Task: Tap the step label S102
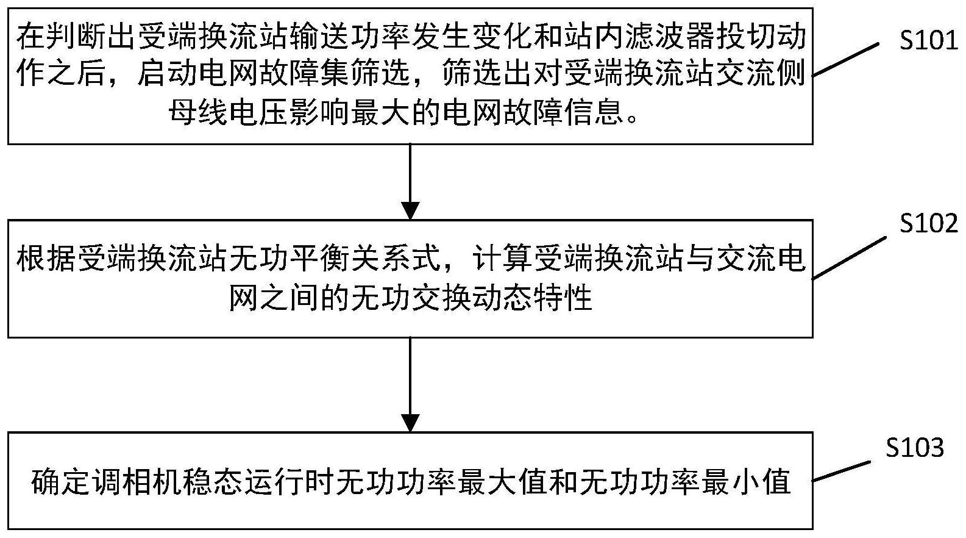point(928,223)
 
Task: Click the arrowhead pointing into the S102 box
point(410,210)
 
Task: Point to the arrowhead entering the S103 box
point(410,423)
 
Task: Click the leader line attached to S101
point(846,60)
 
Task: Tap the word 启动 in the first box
point(167,74)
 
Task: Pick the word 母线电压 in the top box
point(229,112)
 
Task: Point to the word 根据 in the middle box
point(46,259)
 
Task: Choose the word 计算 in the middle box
point(502,259)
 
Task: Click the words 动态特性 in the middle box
point(533,297)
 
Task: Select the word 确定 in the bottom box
point(62,481)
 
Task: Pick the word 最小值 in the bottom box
point(747,481)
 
